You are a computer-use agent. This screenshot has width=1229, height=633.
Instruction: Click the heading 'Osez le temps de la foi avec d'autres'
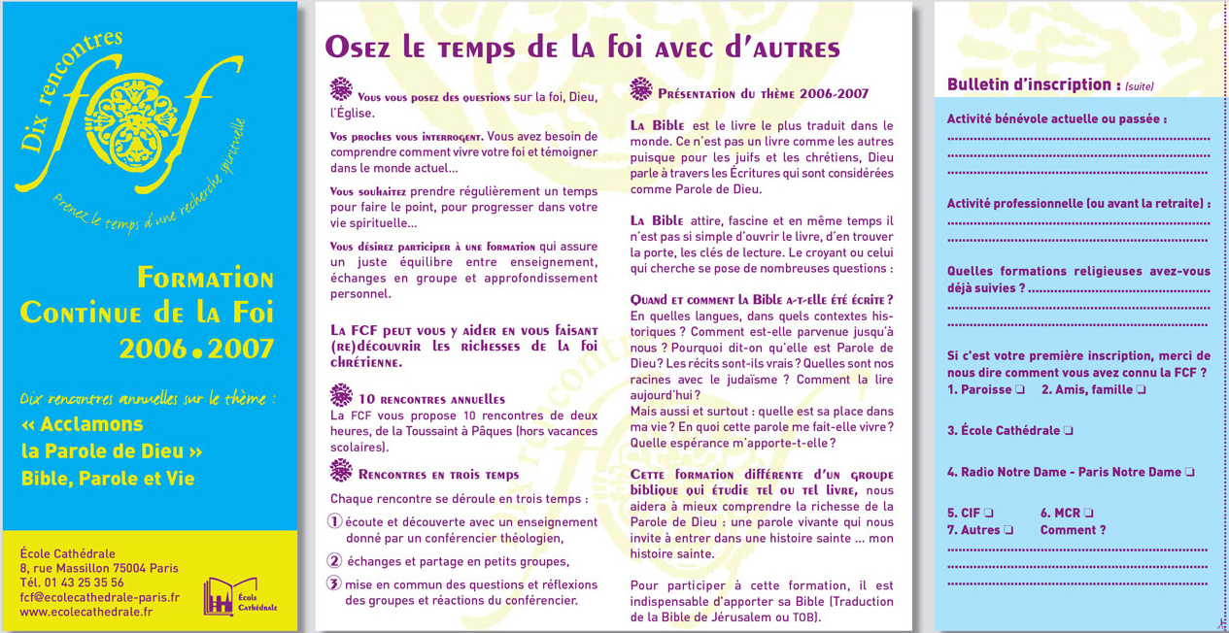pyautogui.click(x=582, y=47)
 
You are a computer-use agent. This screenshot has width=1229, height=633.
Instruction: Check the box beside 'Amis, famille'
pyautogui.click(x=1141, y=390)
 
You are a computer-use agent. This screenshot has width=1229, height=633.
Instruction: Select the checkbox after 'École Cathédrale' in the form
pyautogui.click(x=1068, y=431)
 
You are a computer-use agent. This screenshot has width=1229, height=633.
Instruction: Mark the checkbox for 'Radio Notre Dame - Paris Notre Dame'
pyautogui.click(x=1189, y=473)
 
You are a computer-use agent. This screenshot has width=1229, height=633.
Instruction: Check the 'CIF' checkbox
pyautogui.click(x=988, y=514)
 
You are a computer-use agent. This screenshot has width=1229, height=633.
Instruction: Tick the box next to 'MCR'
pyautogui.click(x=1088, y=514)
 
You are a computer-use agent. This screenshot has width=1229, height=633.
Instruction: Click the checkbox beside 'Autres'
pyautogui.click(x=1008, y=531)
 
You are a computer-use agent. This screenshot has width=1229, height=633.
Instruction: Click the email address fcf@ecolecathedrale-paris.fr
pyautogui.click(x=99, y=598)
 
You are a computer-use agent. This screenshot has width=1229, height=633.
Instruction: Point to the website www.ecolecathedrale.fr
pyautogui.click(x=85, y=613)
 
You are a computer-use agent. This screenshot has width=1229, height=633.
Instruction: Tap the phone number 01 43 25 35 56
pyautogui.click(x=85, y=583)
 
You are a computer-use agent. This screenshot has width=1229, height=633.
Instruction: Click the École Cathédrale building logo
pyautogui.click(x=220, y=596)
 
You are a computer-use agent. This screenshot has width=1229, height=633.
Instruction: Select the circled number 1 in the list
pyautogui.click(x=335, y=522)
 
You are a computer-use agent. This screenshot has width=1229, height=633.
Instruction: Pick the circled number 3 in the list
pyautogui.click(x=334, y=583)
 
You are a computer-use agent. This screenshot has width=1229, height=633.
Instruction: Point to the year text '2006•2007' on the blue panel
pyautogui.click(x=196, y=349)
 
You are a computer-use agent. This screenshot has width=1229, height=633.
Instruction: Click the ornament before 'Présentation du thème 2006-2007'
pyautogui.click(x=640, y=90)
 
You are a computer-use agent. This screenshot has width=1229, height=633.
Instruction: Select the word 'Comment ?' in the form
pyautogui.click(x=1073, y=531)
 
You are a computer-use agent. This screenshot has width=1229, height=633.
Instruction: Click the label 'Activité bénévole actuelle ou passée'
pyautogui.click(x=1056, y=119)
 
